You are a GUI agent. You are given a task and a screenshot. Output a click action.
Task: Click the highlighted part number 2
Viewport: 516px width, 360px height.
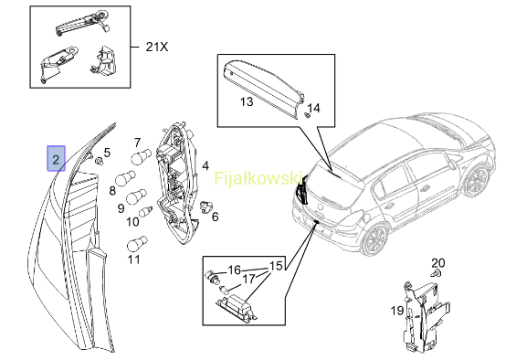(56, 158)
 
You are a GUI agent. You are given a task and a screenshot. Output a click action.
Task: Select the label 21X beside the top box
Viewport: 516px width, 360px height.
(157, 47)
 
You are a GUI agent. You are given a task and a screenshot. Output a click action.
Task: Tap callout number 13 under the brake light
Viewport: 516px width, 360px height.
(247, 101)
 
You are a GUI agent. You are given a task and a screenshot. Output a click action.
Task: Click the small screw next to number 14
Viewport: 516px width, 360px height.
(308, 115)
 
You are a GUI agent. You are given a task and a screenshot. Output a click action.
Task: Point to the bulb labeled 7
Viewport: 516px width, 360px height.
(142, 156)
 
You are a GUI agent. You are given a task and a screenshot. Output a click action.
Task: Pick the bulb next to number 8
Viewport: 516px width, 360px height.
(125, 178)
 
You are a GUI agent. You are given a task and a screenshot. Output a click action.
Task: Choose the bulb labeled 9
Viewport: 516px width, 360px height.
(136, 196)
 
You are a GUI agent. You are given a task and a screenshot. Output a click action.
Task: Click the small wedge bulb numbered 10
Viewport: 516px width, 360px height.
(146, 211)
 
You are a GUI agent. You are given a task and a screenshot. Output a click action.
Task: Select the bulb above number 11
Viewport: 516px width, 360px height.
(137, 244)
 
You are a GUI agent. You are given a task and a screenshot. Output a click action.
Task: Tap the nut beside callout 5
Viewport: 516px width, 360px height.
(98, 161)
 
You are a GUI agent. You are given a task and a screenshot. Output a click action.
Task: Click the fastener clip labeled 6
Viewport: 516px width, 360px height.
(206, 206)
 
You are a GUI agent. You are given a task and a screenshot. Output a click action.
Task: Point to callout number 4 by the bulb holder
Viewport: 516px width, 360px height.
(205, 165)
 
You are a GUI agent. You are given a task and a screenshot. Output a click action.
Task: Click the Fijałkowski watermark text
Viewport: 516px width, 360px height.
(258, 178)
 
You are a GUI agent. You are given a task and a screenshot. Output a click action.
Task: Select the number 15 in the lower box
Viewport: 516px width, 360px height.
(276, 266)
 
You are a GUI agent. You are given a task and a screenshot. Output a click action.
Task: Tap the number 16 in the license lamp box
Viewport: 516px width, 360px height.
(235, 270)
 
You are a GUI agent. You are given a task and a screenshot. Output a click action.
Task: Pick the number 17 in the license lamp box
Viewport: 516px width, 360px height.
(249, 279)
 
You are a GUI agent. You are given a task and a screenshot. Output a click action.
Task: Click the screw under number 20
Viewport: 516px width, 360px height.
(436, 273)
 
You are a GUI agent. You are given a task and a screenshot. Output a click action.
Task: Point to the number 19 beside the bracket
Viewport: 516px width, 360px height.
(397, 310)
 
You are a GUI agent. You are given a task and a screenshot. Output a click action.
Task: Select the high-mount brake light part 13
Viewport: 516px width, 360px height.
(263, 89)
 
